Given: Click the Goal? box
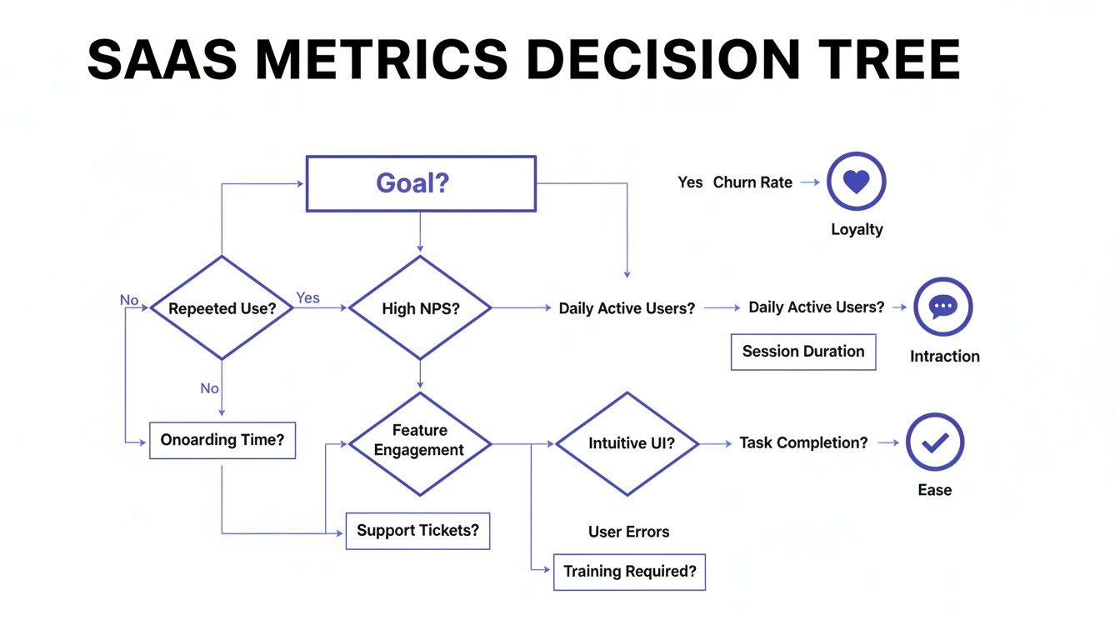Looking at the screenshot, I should pos(421,183).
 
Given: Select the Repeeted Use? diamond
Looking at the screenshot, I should pos(222,308).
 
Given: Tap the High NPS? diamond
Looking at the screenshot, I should pos(420,308).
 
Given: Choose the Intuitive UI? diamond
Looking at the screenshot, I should pos(627,443).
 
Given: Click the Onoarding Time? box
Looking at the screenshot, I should pos(222,440).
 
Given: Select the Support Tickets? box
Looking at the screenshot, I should pos(417,531).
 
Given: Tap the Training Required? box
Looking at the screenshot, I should pos(629,572).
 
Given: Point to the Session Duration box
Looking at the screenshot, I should pos(803,352).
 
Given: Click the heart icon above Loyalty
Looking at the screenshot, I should pos(856,182).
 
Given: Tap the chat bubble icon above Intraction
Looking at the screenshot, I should pos(942,307).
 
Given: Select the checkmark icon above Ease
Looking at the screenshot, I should pos(934,442).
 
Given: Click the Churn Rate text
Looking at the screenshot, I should pos(752,182).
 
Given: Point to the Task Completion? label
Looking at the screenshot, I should pos(803,442).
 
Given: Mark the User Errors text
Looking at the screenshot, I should pos(628,532).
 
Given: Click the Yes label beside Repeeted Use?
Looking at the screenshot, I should pos(307,297).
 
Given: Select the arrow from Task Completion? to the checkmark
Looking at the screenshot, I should pos(888,442).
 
